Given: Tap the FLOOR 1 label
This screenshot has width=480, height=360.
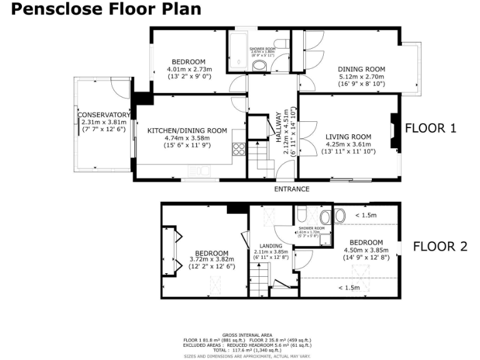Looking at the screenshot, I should tap(431, 128).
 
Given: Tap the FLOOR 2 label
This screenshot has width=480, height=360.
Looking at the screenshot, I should tap(440, 246).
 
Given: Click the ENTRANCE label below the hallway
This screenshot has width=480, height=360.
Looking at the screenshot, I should tap(292, 188).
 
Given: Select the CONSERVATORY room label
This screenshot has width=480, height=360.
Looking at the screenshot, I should tap(104, 115).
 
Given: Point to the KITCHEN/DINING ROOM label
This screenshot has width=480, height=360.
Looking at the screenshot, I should tap(187, 131).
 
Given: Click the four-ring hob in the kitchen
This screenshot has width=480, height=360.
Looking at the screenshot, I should tap(239, 149).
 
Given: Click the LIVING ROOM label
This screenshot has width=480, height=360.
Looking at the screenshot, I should tap(348, 137).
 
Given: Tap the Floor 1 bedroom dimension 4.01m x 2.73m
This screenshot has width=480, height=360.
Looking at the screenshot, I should tap(189, 69).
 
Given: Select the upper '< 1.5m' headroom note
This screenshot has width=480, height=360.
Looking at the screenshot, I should tap(366, 215).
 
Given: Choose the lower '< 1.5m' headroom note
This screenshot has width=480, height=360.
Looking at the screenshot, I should tap(348, 287).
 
